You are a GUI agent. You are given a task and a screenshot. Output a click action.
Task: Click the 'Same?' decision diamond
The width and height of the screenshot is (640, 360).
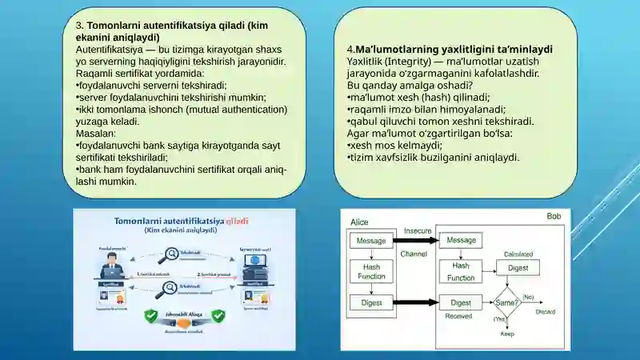(506, 303)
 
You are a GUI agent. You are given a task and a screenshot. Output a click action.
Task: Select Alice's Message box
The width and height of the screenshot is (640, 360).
(370, 240)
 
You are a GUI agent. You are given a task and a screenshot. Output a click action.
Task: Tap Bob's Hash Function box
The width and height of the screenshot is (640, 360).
(462, 271)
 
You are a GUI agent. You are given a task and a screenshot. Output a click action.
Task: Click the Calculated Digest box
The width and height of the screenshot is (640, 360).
(518, 269)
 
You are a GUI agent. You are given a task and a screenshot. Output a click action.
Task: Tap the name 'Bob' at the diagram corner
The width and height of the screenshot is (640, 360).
(554, 217)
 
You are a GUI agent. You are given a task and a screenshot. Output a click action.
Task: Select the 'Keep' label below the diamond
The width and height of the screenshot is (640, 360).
(507, 334)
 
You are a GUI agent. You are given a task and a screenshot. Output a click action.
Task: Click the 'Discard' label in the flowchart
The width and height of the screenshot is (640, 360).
(546, 310)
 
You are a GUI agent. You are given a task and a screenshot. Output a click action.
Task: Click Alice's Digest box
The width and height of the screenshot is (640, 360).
(370, 303)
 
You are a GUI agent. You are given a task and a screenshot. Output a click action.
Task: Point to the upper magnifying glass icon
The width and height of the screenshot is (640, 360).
(168, 256)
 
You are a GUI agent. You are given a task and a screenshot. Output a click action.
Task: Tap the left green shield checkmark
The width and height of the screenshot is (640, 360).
(150, 317)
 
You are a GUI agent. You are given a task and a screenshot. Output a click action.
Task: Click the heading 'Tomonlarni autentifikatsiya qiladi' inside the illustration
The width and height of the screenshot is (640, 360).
(182, 220)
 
